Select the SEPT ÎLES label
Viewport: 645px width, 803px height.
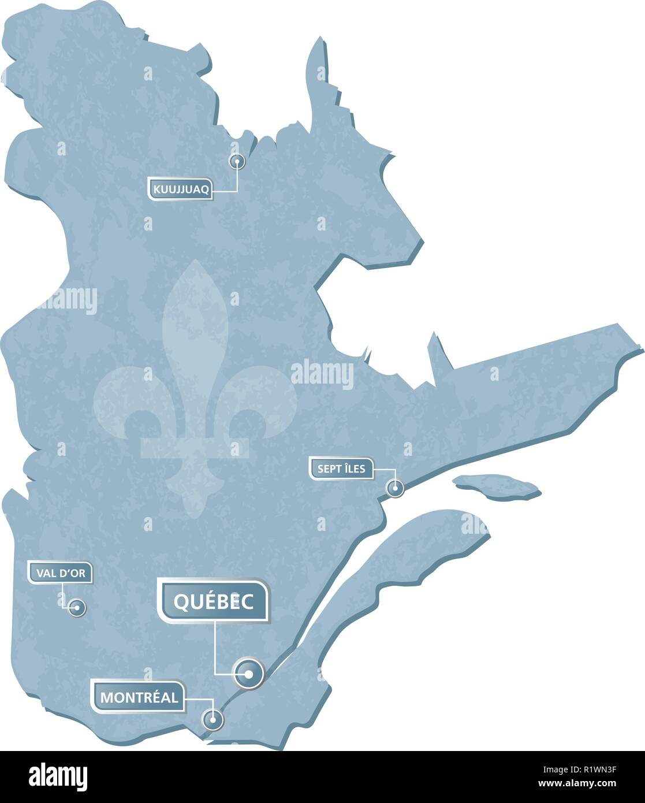click(341, 469)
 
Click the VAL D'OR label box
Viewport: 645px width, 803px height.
click(60, 574)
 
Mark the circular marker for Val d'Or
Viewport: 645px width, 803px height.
click(76, 607)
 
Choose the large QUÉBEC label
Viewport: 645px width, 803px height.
click(214, 602)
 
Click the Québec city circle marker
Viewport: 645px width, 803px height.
click(248, 673)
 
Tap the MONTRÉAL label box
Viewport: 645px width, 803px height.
click(139, 697)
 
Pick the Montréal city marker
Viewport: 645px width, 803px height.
click(212, 720)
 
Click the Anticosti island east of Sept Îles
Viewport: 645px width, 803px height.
click(497, 486)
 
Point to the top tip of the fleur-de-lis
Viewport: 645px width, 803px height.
click(195, 262)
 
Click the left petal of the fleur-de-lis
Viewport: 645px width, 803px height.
click(124, 399)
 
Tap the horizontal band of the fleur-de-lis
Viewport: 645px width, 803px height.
click(195, 448)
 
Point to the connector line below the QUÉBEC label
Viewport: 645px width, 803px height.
click(215, 647)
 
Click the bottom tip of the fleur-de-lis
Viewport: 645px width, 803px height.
click(195, 514)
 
